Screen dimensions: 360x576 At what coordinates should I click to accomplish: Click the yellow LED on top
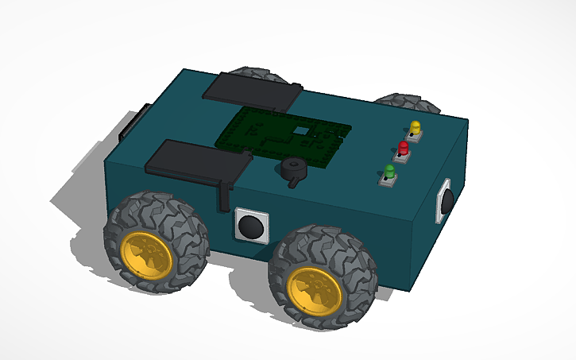coord(415,127)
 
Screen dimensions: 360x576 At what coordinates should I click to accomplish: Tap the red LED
coord(404,147)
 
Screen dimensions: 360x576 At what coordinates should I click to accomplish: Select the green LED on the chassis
coord(389,171)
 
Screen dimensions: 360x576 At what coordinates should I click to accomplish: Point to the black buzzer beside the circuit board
coord(292,168)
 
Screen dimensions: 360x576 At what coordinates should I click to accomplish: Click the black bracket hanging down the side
coord(226,195)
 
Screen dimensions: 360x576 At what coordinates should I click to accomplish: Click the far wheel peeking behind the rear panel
coord(265,74)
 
